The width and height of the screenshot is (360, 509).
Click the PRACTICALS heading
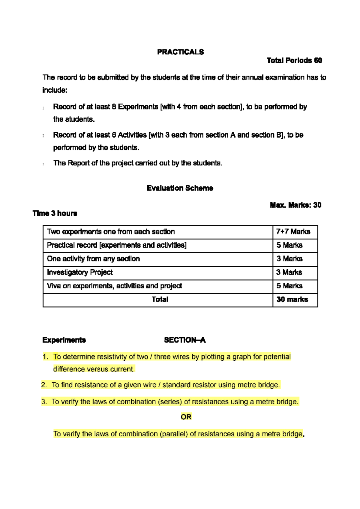[x=180, y=52]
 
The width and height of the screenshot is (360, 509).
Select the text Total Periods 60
[x=294, y=61]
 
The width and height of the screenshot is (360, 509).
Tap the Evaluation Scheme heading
[x=180, y=188]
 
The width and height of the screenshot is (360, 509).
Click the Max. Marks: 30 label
[x=295, y=205]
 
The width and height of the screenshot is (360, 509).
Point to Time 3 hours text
[x=55, y=213]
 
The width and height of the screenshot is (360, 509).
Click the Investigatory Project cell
[x=80, y=272]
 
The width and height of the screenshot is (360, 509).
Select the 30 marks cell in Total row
[x=292, y=299]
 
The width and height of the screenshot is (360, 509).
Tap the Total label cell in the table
[x=160, y=299]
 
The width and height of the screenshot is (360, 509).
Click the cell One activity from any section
[x=93, y=259]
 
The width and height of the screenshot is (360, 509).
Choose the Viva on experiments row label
[x=114, y=286]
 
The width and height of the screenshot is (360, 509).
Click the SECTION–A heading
[x=184, y=340]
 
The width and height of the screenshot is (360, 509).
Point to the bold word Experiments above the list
[x=64, y=340]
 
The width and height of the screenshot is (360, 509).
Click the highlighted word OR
[x=186, y=417]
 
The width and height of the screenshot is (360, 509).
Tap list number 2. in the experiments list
[x=44, y=385]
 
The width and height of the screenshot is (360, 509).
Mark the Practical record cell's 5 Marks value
[x=289, y=245]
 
